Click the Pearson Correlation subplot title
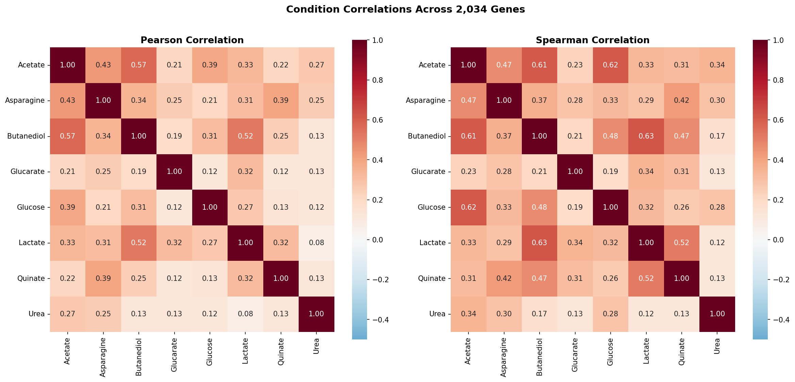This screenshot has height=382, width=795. point(192,40)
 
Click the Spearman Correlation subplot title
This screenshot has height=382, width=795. point(592,40)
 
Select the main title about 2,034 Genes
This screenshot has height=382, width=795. point(405,9)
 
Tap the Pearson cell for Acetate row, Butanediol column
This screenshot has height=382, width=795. point(139,65)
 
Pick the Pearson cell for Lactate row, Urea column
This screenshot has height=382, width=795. point(316,243)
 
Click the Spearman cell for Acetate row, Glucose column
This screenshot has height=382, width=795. point(610,65)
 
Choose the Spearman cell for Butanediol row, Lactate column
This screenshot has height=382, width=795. point(646,136)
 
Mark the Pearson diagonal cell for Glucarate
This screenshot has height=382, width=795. point(174,172)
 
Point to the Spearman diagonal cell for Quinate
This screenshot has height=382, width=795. point(681,278)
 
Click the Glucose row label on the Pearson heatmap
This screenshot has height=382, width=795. point(31,207)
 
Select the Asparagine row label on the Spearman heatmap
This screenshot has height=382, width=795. point(425,100)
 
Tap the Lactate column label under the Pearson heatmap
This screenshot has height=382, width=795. point(245,351)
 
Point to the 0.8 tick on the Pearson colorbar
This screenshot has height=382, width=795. point(377,80)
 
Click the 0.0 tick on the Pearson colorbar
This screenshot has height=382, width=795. point(377,240)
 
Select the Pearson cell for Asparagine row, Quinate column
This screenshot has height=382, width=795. point(281,100)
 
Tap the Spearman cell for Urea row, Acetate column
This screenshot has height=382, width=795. point(468,314)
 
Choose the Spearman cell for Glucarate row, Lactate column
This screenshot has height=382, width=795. point(646,172)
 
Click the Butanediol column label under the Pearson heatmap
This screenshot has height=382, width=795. point(139,357)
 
